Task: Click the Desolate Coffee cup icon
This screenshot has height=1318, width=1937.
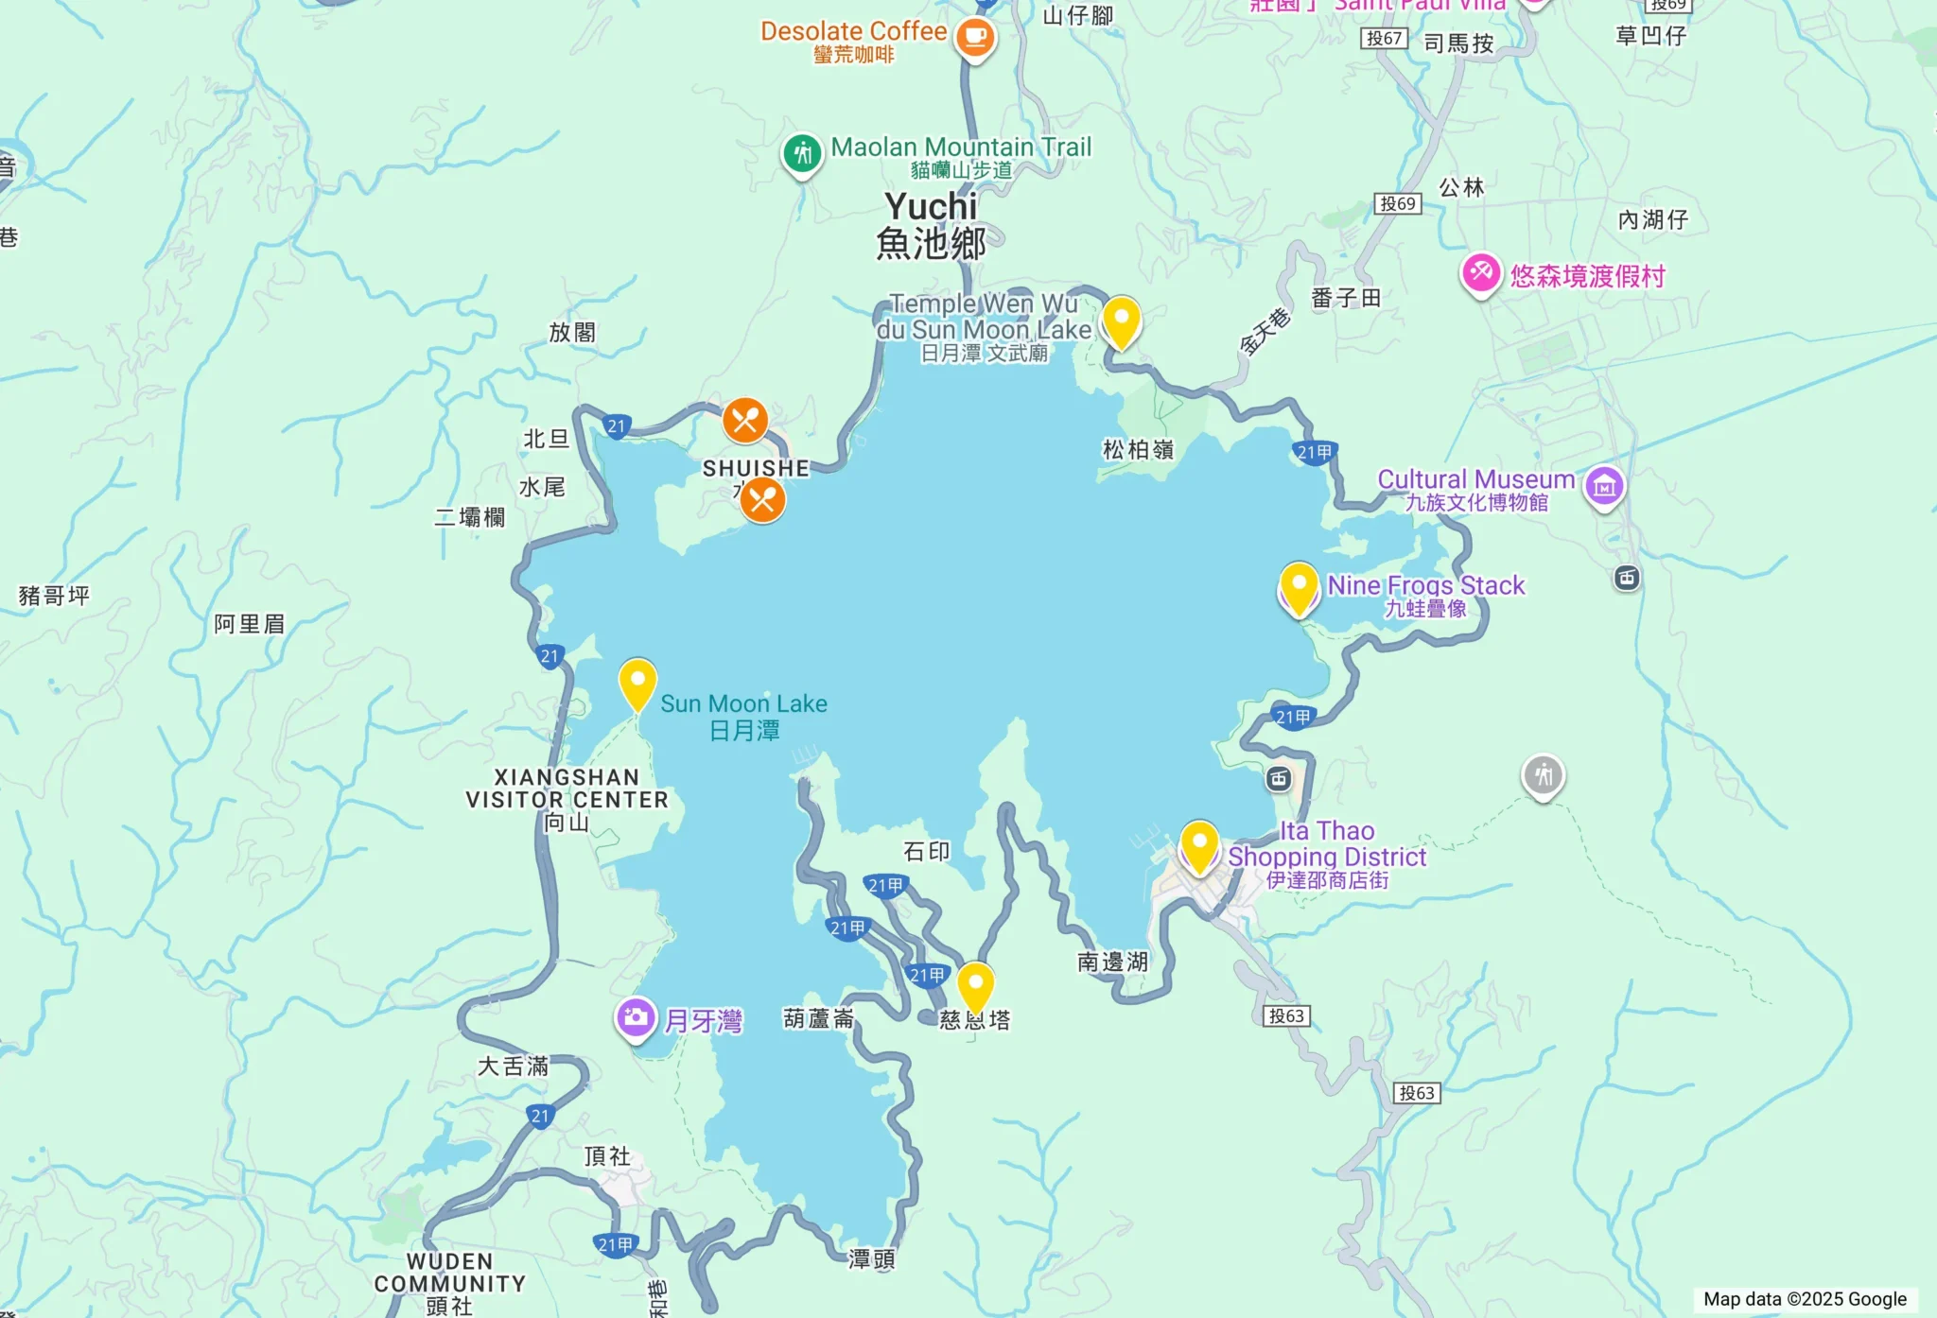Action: (x=974, y=38)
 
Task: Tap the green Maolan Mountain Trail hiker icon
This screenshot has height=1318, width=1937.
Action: (x=803, y=152)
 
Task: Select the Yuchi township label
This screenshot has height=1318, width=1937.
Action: (x=932, y=225)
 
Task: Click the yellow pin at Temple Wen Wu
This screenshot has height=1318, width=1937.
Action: (x=1121, y=321)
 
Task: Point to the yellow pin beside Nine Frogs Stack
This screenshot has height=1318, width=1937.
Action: (x=1299, y=587)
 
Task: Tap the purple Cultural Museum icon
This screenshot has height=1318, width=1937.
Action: (x=1604, y=486)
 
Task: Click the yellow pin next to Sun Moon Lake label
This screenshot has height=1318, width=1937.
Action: (x=637, y=683)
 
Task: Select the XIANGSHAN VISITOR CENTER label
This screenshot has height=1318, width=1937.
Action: (x=567, y=789)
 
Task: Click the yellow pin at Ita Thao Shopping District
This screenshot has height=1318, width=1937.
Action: (x=1199, y=845)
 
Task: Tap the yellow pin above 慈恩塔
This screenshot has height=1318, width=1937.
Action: (x=975, y=986)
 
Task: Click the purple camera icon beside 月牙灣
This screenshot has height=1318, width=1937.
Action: (x=636, y=1018)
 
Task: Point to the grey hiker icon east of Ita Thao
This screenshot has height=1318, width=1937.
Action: (x=1543, y=776)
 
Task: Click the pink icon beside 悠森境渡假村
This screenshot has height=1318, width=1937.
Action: (x=1480, y=274)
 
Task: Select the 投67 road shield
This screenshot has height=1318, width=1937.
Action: (x=1384, y=38)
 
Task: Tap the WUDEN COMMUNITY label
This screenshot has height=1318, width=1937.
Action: (x=450, y=1273)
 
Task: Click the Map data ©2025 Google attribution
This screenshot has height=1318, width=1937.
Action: (x=1805, y=1299)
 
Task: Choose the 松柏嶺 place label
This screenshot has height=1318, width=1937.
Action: (x=1138, y=450)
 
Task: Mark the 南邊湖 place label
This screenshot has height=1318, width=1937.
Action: (x=1112, y=962)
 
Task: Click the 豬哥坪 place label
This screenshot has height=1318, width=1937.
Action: (x=54, y=596)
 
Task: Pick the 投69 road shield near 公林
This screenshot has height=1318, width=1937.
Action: (x=1397, y=203)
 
